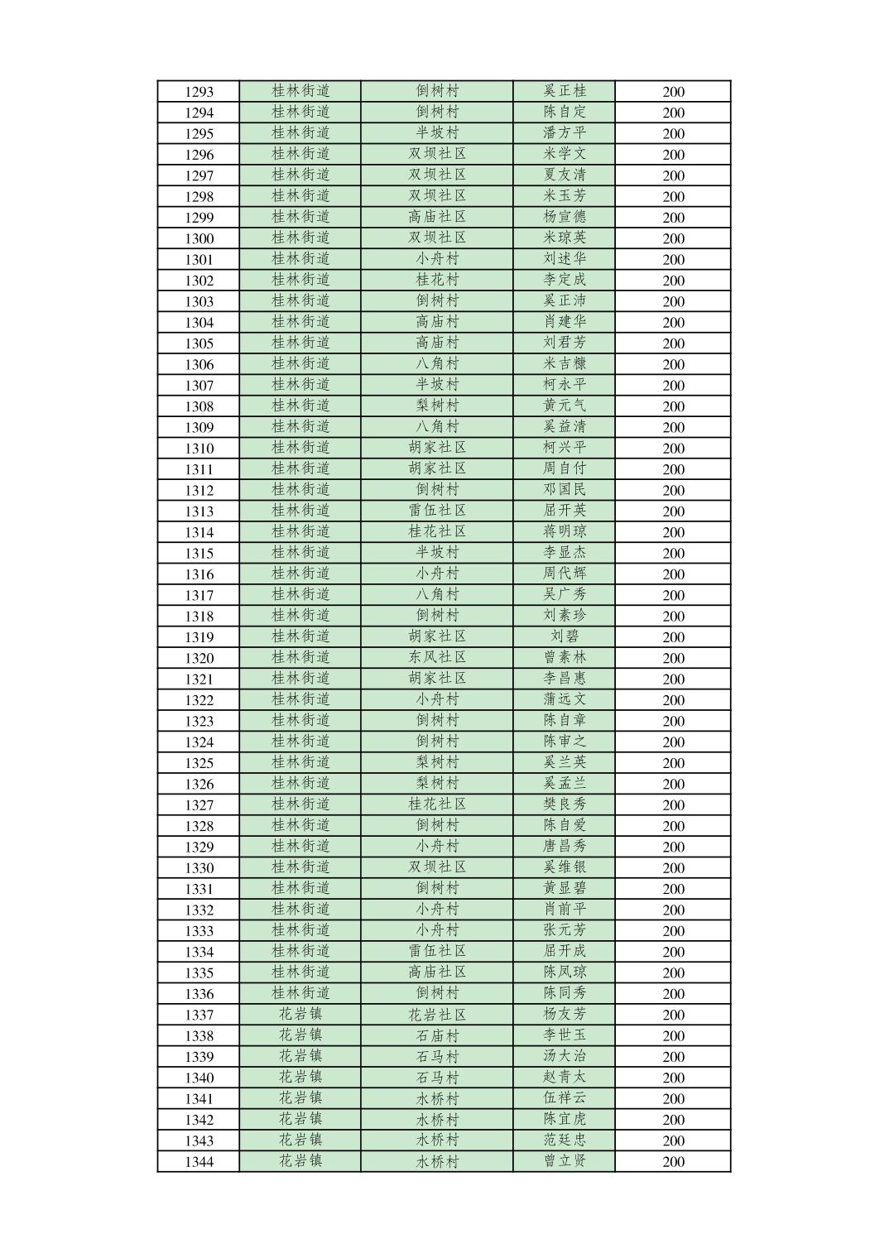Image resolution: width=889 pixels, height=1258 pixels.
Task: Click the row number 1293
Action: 199,92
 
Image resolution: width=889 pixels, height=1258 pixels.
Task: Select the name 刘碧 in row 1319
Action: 565,636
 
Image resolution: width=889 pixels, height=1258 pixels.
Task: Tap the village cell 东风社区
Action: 437,657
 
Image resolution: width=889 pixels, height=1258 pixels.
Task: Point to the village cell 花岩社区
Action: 437,1015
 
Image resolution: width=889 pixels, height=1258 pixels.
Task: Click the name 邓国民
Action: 565,490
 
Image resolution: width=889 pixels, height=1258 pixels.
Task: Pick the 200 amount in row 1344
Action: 673,1161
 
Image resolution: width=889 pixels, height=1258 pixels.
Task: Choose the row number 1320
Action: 199,658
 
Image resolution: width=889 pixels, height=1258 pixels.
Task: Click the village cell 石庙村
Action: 437,1035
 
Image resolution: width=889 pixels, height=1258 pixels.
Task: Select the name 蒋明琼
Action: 565,531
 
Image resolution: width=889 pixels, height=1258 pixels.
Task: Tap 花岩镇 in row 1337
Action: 300,1015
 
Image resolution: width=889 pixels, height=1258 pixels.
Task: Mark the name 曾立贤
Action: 565,1161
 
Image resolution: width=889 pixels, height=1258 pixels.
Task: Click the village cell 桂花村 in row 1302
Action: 437,280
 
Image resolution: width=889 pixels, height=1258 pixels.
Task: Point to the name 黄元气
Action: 565,406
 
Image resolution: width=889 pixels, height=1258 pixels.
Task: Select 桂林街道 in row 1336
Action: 300,993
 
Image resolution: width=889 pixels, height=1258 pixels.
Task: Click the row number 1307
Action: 199,386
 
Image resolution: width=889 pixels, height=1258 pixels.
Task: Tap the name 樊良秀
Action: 565,804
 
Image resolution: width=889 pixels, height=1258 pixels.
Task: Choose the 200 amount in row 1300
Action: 673,238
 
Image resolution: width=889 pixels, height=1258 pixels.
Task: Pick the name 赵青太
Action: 565,1078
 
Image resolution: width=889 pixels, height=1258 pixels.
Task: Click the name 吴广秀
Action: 565,594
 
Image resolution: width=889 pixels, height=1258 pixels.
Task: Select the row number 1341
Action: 199,1099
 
